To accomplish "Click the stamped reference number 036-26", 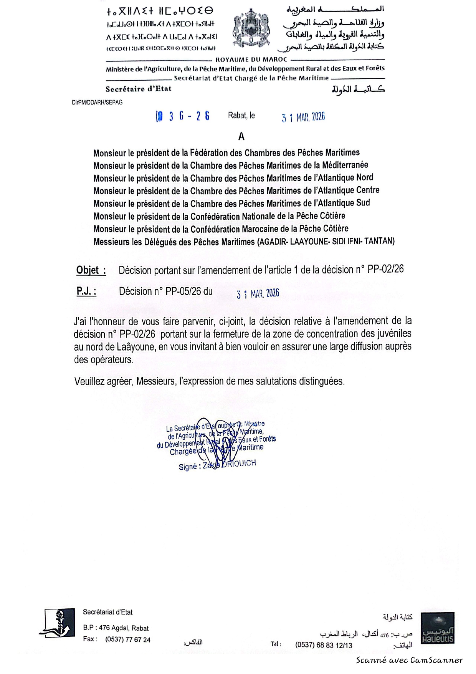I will (x=183, y=116).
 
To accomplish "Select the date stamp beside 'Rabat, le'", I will (x=303, y=117).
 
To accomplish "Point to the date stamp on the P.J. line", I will (x=258, y=294).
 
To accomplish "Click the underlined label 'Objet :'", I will (x=91, y=270).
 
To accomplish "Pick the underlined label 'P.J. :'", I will (x=86, y=291).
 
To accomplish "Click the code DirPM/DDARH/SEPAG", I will (x=97, y=103).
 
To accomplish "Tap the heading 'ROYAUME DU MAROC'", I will (x=251, y=60).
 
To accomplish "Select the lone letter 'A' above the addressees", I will (x=241, y=136).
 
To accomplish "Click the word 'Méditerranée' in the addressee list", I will (x=345, y=165).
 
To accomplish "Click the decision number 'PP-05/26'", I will (x=183, y=291).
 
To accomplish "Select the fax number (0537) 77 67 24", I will (x=128, y=639).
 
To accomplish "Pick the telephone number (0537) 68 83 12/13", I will (x=324, y=645).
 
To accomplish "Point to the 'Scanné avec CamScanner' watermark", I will (x=409, y=661).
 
